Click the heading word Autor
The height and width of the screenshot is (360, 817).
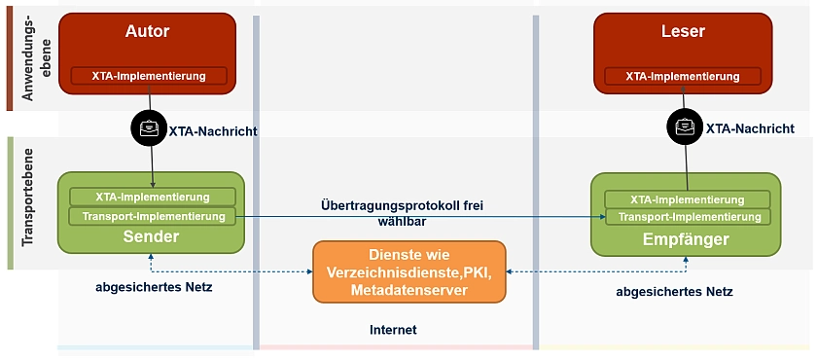(148, 32)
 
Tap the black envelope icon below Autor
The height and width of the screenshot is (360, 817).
(150, 127)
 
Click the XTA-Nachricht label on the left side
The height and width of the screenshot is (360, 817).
(213, 129)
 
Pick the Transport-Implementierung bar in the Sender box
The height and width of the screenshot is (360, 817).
(153, 216)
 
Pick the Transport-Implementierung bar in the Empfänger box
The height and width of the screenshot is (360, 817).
(687, 217)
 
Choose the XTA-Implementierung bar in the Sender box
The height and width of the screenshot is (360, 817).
(153, 197)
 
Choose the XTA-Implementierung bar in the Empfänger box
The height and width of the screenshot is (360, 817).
(687, 199)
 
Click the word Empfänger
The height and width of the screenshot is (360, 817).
(686, 239)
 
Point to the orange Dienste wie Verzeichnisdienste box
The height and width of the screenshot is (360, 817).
(409, 270)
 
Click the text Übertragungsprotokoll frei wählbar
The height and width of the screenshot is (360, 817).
(402, 213)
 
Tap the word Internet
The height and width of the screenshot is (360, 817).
(393, 330)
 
